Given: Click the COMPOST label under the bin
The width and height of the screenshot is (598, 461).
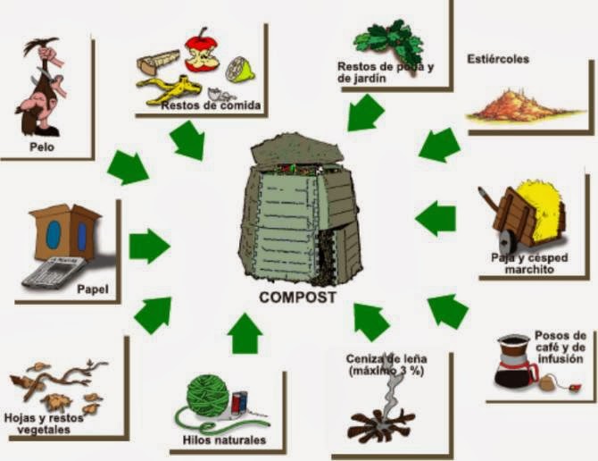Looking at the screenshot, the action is point(297,297).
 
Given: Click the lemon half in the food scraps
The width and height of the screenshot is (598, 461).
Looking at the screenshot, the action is point(238,69).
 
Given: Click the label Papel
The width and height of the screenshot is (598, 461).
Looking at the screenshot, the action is point(92,289).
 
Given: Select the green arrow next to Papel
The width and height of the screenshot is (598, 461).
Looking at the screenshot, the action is point(149,245).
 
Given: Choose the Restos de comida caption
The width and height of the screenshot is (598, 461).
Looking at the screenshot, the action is point(211,105).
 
